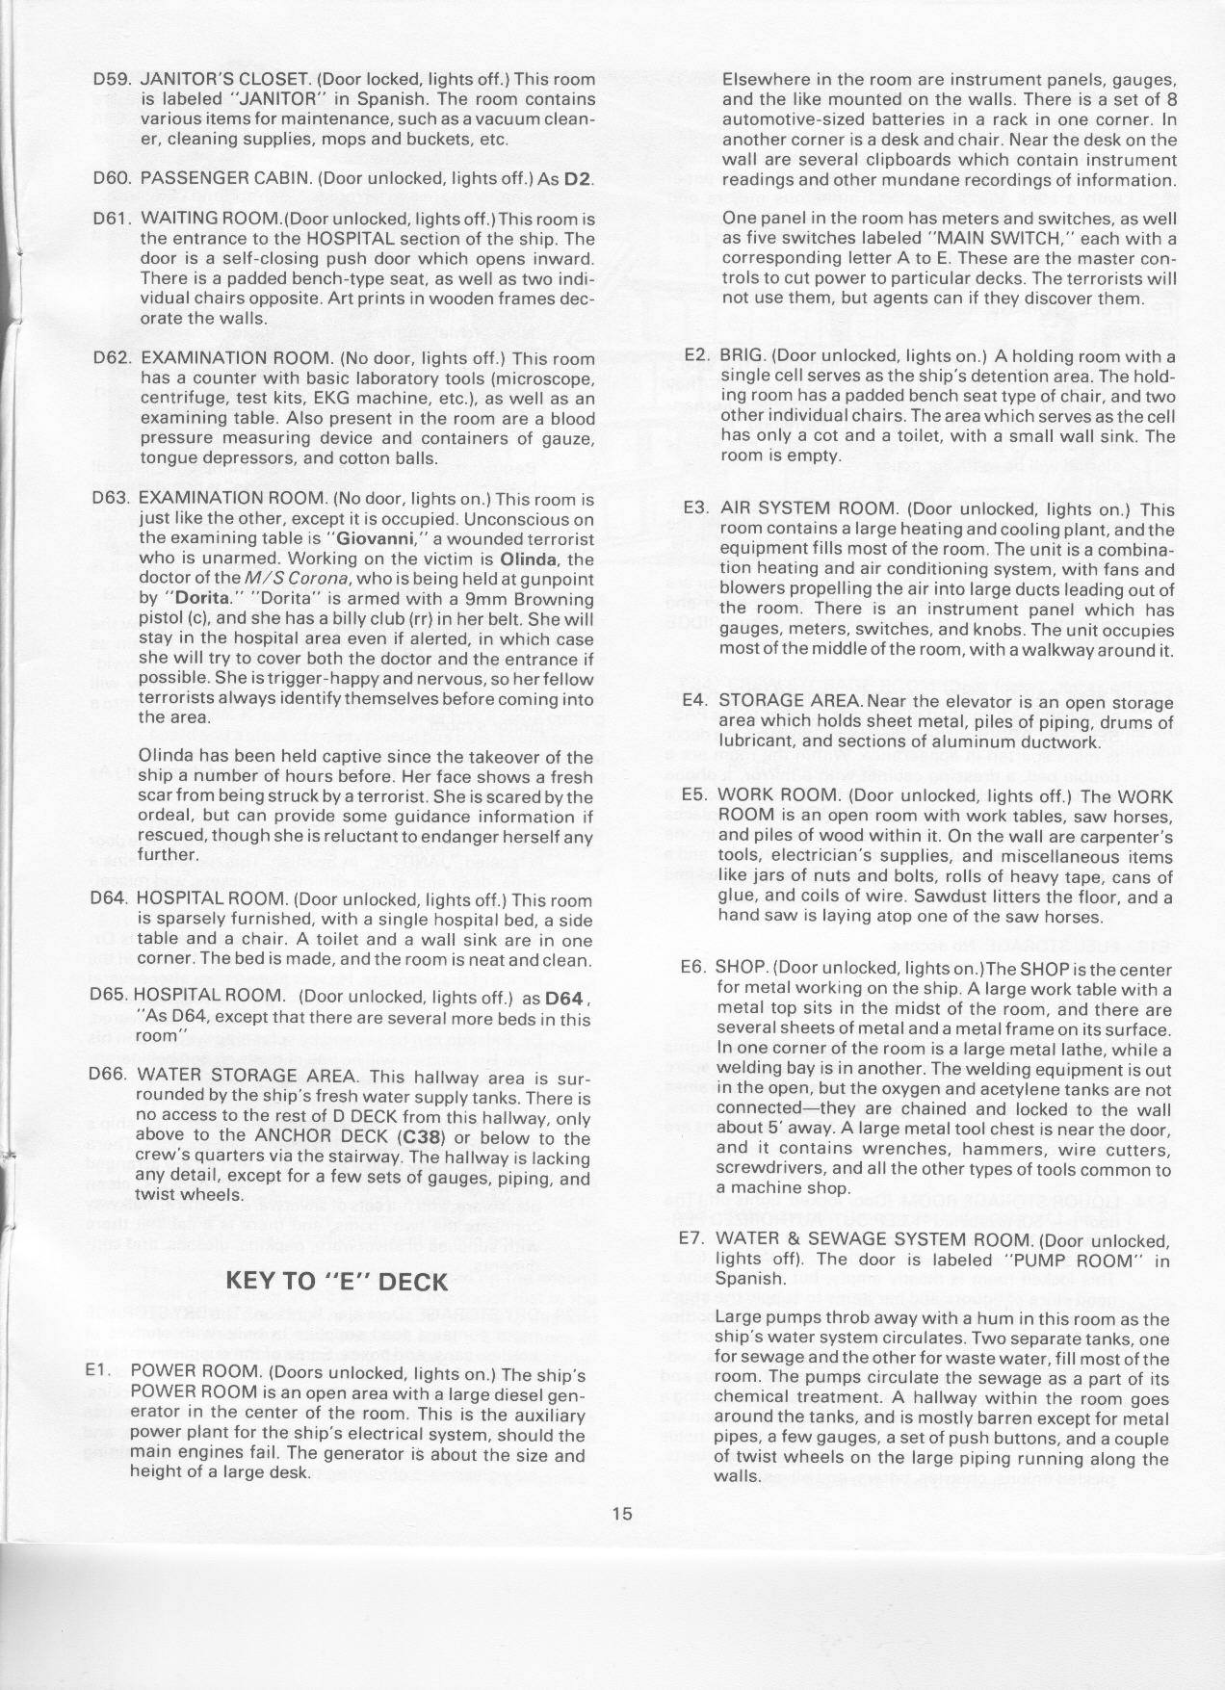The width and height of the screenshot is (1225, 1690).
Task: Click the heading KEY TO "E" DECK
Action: [x=336, y=1281]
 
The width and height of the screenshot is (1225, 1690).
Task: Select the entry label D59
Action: [x=112, y=80]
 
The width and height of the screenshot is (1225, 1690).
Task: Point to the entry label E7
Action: [x=694, y=1240]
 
